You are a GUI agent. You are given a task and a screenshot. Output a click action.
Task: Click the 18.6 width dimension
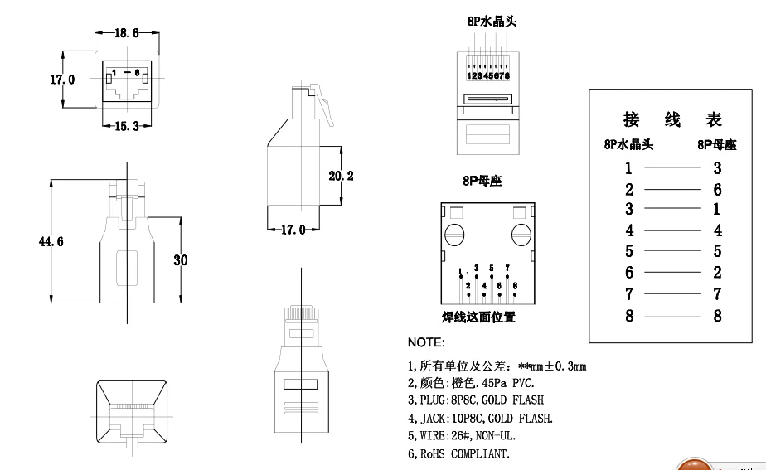(126, 33)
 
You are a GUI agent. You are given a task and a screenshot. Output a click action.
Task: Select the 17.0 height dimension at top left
(62, 80)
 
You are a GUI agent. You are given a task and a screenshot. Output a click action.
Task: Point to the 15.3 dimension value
(126, 126)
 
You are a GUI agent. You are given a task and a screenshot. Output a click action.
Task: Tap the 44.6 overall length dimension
(51, 241)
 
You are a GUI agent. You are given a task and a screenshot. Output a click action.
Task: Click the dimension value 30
(180, 259)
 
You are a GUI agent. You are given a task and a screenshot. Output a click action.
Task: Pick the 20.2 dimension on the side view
(341, 176)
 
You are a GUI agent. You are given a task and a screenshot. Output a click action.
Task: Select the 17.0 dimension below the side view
(293, 230)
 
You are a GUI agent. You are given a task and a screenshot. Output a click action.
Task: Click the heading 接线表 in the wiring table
(672, 119)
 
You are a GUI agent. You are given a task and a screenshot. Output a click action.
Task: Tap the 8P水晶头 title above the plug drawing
(485, 22)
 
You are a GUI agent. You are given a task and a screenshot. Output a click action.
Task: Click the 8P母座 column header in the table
(716, 145)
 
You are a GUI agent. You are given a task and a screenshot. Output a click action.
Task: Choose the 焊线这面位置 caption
(478, 317)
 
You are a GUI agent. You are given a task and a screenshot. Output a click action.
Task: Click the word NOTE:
(426, 342)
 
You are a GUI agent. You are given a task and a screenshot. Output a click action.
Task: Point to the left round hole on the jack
(453, 235)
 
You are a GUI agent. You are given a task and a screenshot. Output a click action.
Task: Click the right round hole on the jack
(521, 235)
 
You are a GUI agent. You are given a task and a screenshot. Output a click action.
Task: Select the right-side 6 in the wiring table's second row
(717, 189)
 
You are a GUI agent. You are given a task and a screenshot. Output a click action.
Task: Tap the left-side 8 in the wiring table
(629, 315)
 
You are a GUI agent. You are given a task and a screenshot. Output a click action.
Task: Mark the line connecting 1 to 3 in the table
(671, 168)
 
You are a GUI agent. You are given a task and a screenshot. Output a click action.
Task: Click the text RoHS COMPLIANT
(464, 453)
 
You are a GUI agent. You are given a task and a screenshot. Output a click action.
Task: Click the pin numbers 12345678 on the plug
(487, 76)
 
